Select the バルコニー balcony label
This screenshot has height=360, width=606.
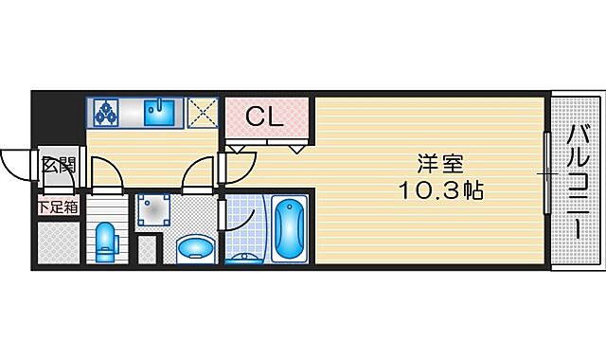pos(577,180)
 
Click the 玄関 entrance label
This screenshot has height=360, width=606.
pos(58,165)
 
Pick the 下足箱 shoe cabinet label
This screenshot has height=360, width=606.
pos(58,206)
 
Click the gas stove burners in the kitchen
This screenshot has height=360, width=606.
pos(105,113)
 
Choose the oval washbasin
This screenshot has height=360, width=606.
pos(196,247)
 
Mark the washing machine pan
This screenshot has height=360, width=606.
pos(151,212)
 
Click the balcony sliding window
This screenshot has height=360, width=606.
pos(546,174)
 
